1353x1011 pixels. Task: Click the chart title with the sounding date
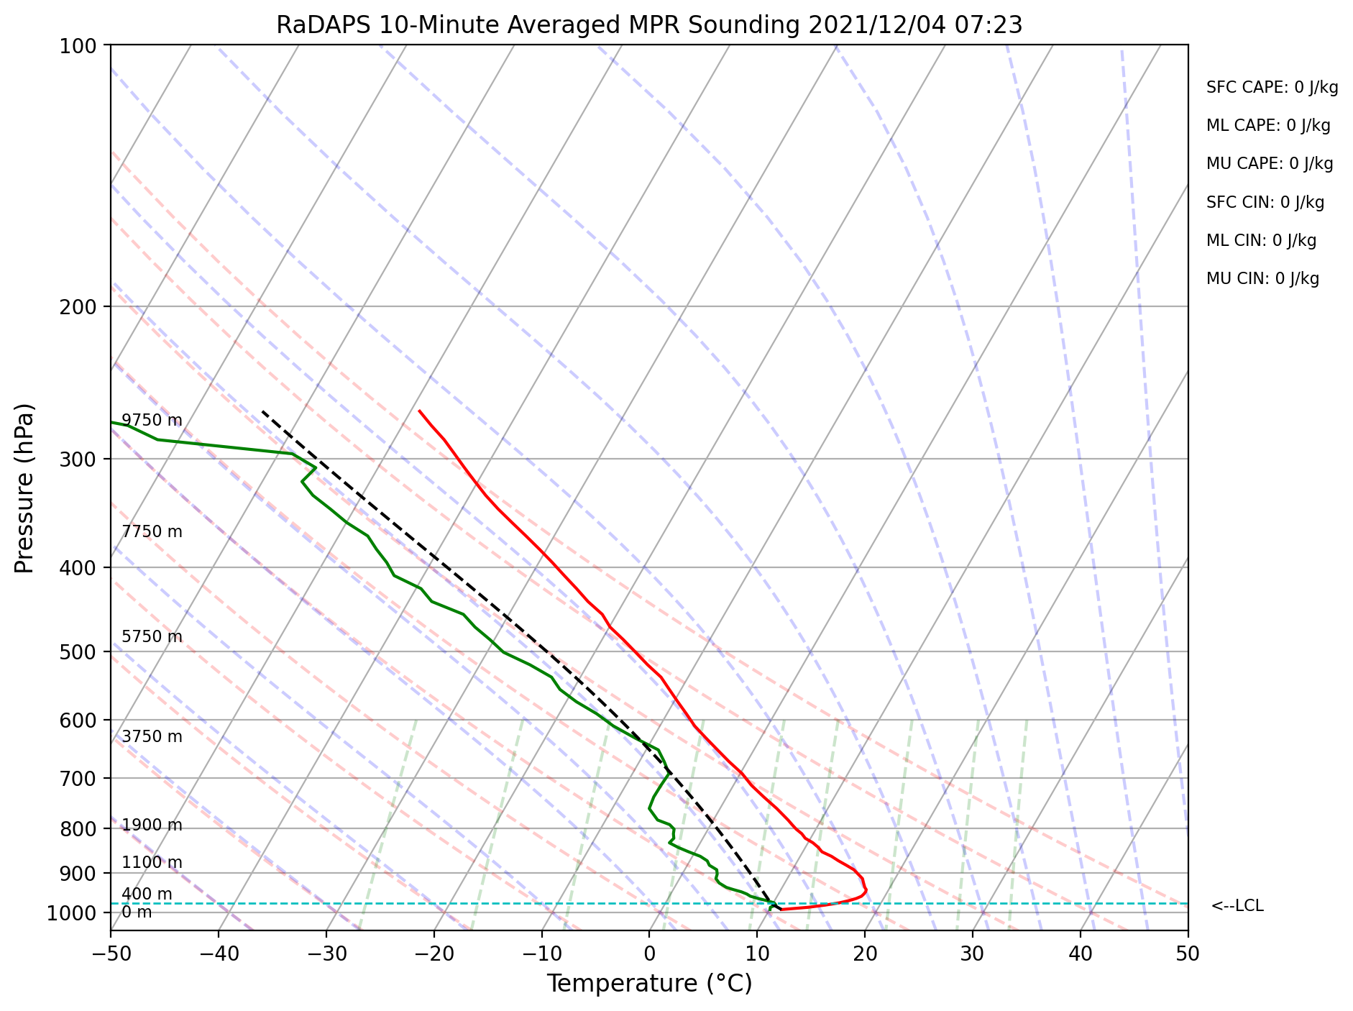(x=649, y=25)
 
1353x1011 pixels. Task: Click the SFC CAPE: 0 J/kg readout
(x=1272, y=88)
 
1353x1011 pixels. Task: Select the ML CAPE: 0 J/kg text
(x=1268, y=126)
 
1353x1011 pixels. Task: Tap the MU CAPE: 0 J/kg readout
(x=1270, y=164)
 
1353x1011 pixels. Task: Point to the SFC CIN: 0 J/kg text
(x=1265, y=203)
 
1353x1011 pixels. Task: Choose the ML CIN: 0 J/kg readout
(x=1261, y=241)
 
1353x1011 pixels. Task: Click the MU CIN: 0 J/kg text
(x=1262, y=279)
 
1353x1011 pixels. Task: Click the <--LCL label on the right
(x=1237, y=906)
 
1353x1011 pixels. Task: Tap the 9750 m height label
(x=152, y=421)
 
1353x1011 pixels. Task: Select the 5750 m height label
(x=152, y=637)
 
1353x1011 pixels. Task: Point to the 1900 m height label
(x=152, y=825)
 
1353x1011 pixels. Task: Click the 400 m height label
(x=147, y=895)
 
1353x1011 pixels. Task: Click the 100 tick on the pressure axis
(x=81, y=45)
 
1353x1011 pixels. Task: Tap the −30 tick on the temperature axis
(x=326, y=953)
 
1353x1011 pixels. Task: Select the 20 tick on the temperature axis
(x=865, y=953)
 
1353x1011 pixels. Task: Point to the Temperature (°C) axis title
(x=649, y=984)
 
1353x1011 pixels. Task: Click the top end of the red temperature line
(x=419, y=411)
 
